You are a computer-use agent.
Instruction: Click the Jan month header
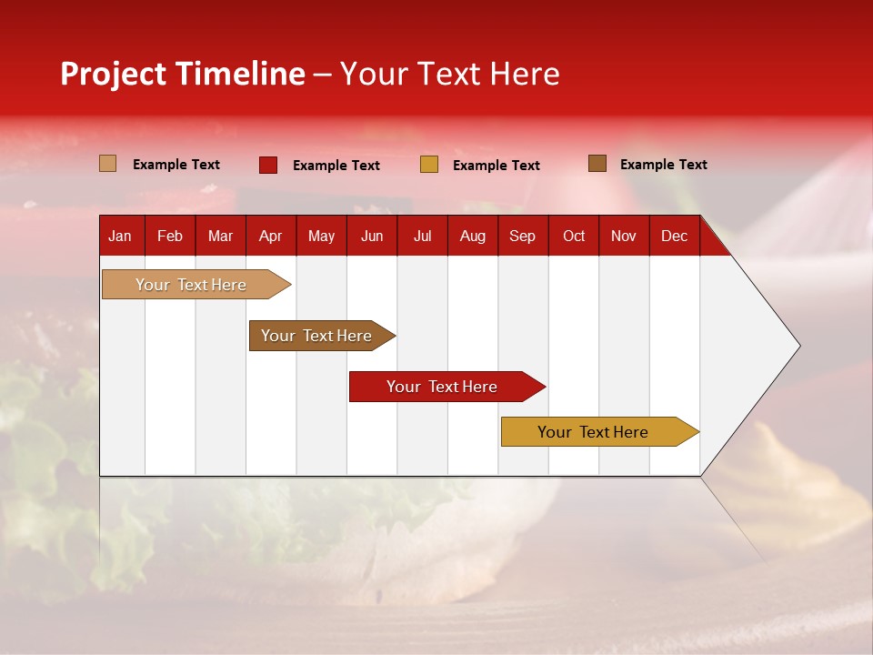[120, 237]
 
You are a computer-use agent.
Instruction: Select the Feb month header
[170, 237]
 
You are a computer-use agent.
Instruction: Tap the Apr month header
[270, 237]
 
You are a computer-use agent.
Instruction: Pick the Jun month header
[372, 237]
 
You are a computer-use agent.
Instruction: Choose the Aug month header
[472, 237]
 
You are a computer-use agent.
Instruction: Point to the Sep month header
[522, 237]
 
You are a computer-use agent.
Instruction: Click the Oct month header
[574, 237]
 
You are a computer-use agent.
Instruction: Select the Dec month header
[674, 237]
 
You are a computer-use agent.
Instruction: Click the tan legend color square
[107, 164]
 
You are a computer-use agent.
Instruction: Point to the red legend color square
[268, 165]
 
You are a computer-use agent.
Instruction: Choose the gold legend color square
[429, 165]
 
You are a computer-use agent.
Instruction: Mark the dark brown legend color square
[597, 164]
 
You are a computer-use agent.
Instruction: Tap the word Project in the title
[114, 74]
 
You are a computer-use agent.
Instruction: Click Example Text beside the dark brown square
[663, 165]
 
